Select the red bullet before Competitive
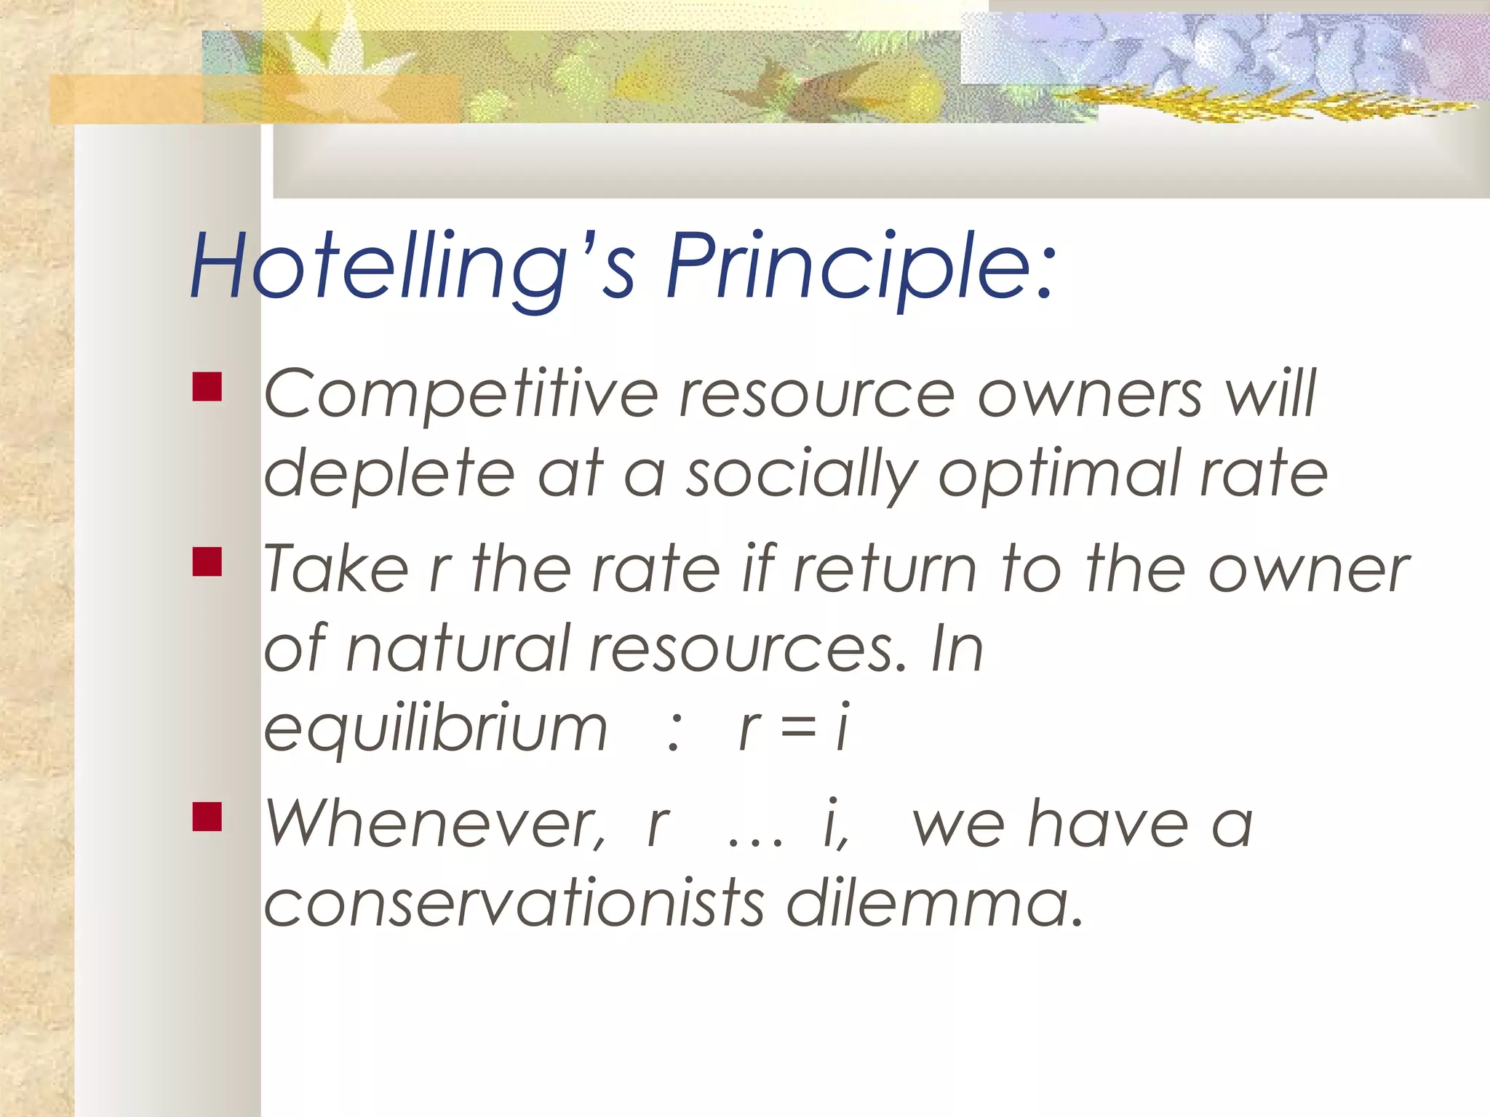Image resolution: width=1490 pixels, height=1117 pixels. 207,388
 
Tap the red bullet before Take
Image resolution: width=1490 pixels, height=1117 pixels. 207,562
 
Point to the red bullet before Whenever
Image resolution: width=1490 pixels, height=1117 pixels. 207,816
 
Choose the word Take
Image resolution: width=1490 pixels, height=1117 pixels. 335,569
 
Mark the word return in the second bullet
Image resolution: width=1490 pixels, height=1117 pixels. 885,569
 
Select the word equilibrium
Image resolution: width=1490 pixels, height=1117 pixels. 435,729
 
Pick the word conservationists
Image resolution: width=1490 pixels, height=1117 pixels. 514,904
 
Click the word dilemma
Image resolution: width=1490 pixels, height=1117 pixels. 934,904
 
